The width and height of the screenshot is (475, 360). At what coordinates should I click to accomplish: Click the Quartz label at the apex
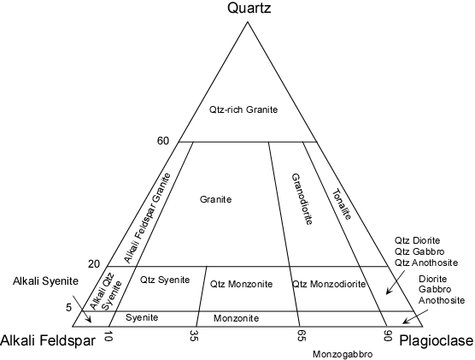pyautogui.click(x=249, y=9)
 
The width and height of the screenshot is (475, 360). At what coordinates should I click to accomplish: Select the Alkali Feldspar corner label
pyautogui.click(x=48, y=341)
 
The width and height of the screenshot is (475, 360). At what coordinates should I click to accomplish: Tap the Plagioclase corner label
pyautogui.click(x=437, y=341)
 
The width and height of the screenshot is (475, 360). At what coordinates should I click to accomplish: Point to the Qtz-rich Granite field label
pyautogui.click(x=243, y=109)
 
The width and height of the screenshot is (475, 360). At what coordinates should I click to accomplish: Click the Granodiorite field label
pyautogui.click(x=302, y=199)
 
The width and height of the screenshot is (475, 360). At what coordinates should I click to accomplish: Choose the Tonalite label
pyautogui.click(x=342, y=204)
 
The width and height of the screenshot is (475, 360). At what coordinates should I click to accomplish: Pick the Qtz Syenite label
pyautogui.click(x=165, y=280)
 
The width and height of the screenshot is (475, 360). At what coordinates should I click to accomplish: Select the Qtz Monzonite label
pyautogui.click(x=242, y=284)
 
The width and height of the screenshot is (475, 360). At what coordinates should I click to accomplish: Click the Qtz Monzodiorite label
pyautogui.click(x=329, y=284)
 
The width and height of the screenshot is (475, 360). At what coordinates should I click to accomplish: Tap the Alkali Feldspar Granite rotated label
pyautogui.click(x=148, y=218)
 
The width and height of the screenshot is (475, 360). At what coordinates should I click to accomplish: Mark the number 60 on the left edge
pyautogui.click(x=163, y=141)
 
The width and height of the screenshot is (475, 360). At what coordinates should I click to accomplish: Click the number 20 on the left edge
pyautogui.click(x=94, y=264)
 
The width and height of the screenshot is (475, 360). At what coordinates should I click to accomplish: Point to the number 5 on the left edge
pyautogui.click(x=68, y=308)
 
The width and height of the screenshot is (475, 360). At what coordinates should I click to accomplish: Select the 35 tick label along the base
pyautogui.click(x=194, y=336)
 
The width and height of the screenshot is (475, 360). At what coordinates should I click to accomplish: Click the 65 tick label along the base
pyautogui.click(x=300, y=336)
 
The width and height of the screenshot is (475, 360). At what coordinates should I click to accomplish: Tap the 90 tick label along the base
pyautogui.click(x=387, y=336)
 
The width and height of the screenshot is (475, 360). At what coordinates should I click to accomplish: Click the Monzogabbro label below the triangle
pyautogui.click(x=343, y=354)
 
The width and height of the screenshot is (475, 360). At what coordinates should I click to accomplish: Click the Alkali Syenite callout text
pyautogui.click(x=45, y=281)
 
